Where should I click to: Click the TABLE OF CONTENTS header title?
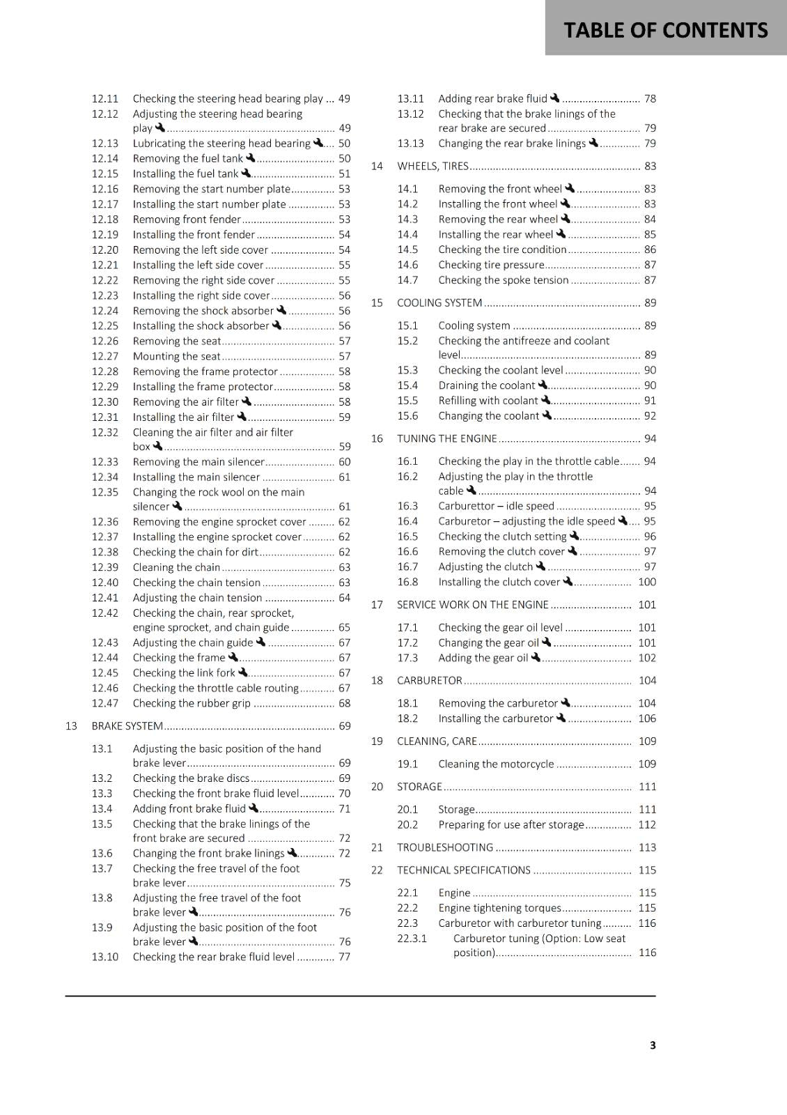665,30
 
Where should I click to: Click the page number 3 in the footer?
653,1045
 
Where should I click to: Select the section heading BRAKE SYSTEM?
127,726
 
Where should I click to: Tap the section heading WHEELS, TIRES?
433,167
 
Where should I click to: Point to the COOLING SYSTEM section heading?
439,303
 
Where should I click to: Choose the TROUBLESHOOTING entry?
445,848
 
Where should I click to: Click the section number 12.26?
105,341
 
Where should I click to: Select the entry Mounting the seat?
176,357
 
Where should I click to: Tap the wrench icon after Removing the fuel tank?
251,158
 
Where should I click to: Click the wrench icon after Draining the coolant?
543,385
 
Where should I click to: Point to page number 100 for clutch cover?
647,583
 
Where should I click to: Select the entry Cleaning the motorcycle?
496,764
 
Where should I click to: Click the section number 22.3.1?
412,939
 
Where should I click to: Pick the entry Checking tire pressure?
491,266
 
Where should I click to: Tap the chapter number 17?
377,605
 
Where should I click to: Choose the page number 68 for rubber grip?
345,704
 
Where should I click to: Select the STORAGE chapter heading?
419,787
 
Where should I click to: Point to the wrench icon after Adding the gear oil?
536,657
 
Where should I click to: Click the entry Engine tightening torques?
499,908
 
